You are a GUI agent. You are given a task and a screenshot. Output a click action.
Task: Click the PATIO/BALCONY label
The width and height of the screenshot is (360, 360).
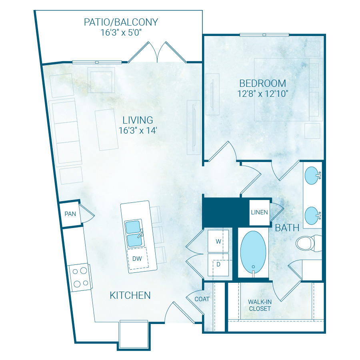(x=121, y=22)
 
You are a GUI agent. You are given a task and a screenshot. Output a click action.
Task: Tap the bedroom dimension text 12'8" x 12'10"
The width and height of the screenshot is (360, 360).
(x=263, y=94)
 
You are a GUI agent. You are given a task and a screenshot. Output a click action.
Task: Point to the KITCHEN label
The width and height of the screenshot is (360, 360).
(x=130, y=296)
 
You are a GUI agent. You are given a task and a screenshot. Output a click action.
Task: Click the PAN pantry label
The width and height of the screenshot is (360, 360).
(x=70, y=214)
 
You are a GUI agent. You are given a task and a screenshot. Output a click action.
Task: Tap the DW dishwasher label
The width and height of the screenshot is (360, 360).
(x=137, y=259)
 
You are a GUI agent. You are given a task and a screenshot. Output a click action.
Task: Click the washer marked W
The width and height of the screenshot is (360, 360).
(x=218, y=241)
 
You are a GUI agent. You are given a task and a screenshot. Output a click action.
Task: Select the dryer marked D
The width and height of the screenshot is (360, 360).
(x=218, y=264)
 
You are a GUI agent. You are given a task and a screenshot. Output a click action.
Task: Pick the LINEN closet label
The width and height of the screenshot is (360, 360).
(x=259, y=212)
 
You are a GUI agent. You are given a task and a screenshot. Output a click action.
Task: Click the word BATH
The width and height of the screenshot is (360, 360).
(x=287, y=228)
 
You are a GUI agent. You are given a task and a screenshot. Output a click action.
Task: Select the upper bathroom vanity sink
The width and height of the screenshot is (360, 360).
(x=313, y=175)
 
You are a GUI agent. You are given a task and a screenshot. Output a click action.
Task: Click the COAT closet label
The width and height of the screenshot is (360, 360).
(x=202, y=299)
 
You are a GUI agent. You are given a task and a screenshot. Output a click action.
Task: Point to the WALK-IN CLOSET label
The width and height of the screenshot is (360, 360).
(x=260, y=306)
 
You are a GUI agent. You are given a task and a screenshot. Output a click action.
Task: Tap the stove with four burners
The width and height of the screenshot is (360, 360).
(x=79, y=277)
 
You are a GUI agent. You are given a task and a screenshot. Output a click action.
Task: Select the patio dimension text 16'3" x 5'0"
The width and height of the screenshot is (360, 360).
(x=121, y=32)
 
